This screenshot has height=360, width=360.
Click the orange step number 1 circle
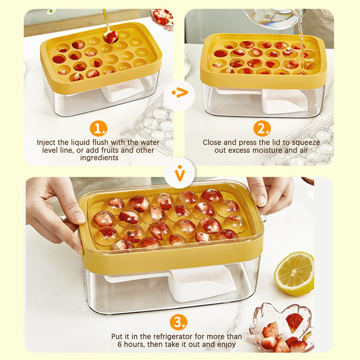click(x=98, y=128)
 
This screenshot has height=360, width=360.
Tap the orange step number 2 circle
click(x=262, y=128)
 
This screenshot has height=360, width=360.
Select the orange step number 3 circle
click(x=178, y=322)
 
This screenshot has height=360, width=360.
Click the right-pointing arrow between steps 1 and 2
click(x=180, y=93)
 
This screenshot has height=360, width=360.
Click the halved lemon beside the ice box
click(x=294, y=274)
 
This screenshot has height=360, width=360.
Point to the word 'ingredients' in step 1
click(x=99, y=158)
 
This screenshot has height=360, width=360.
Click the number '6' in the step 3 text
click(x=120, y=344)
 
